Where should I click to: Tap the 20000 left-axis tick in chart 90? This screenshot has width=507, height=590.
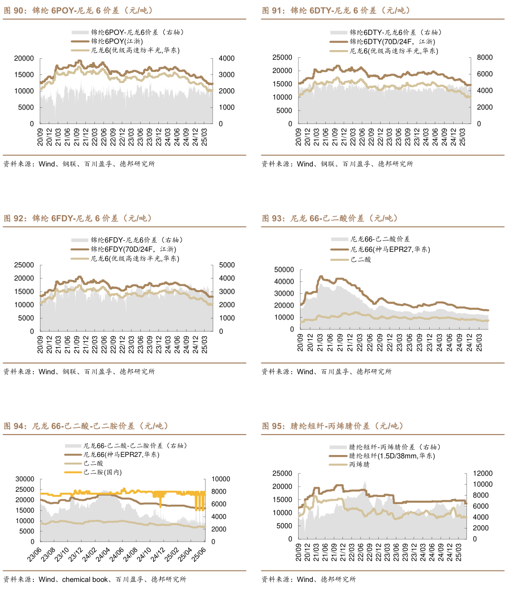pyautogui.click(x=24, y=58)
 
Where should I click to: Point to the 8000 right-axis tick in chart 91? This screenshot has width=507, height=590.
pyautogui.click(x=485, y=57)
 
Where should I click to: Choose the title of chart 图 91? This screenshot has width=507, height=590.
pyautogui.click(x=336, y=10)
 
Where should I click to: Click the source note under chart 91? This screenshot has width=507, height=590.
pyautogui.click(x=337, y=164)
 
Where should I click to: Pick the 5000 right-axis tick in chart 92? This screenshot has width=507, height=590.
pyautogui.click(x=227, y=265)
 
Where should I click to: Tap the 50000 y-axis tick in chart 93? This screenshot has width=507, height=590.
pyautogui.click(x=284, y=269)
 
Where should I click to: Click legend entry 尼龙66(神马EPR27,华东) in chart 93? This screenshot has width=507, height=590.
pyautogui.click(x=390, y=249)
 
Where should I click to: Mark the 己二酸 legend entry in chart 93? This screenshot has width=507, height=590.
pyautogui.click(x=361, y=259)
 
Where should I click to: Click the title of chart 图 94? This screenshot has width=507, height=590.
pyautogui.click(x=86, y=426)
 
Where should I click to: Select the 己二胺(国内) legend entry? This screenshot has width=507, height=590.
pyautogui.click(x=103, y=472)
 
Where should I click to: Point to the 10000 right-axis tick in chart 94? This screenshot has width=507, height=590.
pyautogui.click(x=221, y=479)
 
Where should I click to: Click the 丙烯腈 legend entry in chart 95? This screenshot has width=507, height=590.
pyautogui.click(x=359, y=464)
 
